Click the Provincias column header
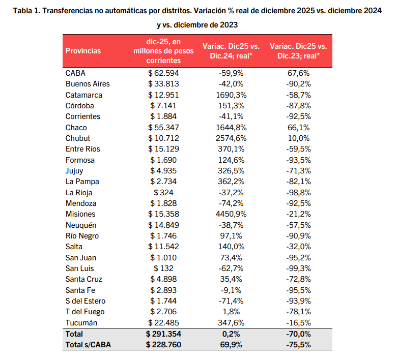[83, 51]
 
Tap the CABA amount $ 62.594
[164, 73]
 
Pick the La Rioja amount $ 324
[164, 193]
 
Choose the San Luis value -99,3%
[299, 268]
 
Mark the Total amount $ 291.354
[164, 334]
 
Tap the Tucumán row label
[81, 323]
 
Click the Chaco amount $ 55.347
[164, 128]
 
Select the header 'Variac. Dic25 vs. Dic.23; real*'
[299, 51]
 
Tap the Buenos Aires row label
[88, 84]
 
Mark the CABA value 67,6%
[299, 73]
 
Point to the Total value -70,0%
[299, 334]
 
